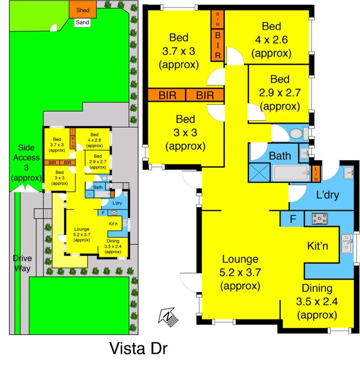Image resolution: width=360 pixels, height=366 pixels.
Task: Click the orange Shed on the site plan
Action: pyautogui.click(x=83, y=10)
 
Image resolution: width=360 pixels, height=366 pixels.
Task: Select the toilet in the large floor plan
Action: pyautogui.click(x=297, y=133)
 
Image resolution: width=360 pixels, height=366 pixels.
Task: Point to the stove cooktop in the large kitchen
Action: pyautogui.click(x=320, y=219)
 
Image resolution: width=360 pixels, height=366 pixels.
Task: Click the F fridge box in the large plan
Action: pyautogui.click(x=293, y=219)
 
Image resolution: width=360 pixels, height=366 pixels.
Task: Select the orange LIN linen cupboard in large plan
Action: pyautogui.click(x=316, y=173)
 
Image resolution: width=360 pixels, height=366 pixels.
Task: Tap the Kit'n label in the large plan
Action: pyautogui.click(x=318, y=246)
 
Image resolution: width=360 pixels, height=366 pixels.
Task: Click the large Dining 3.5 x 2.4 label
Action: pyautogui.click(x=317, y=301)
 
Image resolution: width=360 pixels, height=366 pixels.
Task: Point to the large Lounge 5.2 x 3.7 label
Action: pyautogui.click(x=240, y=273)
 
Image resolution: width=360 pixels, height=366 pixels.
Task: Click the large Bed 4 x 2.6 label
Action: pyautogui.click(x=271, y=40)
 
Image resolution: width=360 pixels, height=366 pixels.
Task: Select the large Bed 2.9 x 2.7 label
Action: pyautogui.click(x=280, y=93)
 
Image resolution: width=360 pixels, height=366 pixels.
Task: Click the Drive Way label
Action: pyautogui.click(x=22, y=263)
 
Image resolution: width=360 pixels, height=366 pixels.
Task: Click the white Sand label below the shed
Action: pyautogui.click(x=82, y=22)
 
